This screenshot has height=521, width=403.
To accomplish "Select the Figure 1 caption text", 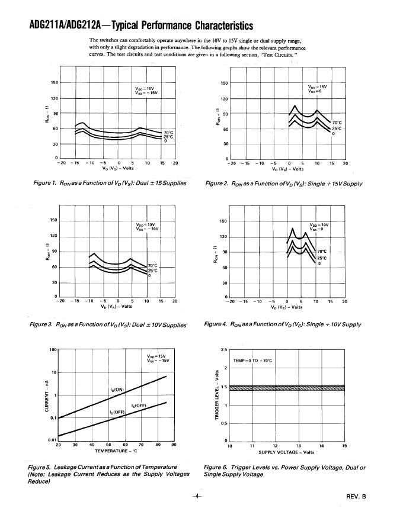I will [110, 183].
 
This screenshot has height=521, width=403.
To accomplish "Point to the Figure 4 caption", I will [283, 324].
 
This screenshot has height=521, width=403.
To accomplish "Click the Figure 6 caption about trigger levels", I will [284, 471].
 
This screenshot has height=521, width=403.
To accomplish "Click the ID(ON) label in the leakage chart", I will [117, 389].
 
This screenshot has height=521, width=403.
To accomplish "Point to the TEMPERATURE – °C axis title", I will [116, 451].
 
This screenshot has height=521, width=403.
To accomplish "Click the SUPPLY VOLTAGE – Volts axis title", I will [286, 452].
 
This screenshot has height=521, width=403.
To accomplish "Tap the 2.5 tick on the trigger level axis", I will [224, 350].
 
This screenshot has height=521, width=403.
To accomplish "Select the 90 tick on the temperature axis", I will [174, 445].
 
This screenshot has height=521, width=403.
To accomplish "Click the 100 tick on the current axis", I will [52, 350].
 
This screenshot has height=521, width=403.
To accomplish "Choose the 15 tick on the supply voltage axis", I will [344, 445].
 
